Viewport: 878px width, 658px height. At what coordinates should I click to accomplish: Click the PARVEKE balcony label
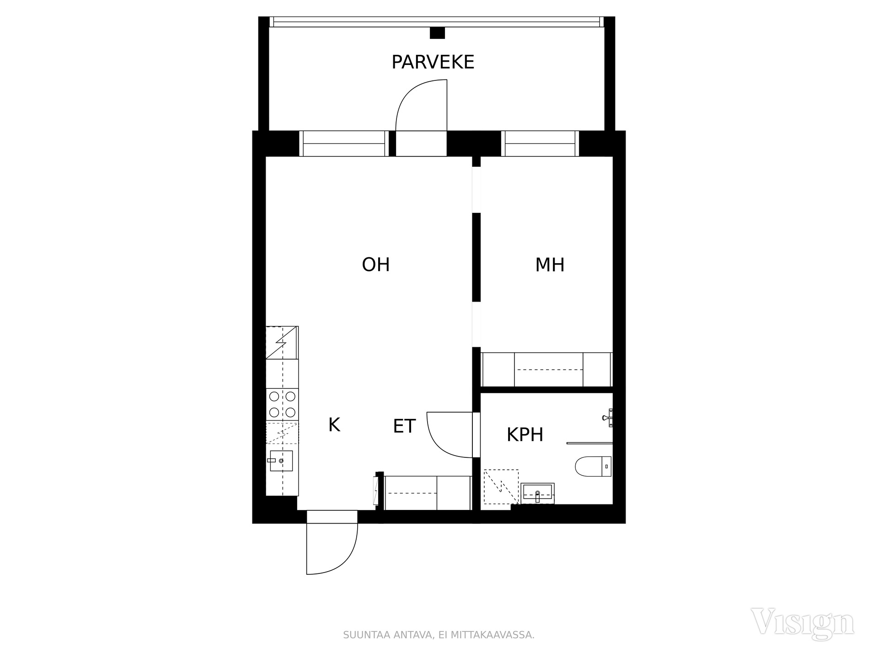433,62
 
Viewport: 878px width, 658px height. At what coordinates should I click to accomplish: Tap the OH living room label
375,265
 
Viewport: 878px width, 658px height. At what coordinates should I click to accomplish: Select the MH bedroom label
550,265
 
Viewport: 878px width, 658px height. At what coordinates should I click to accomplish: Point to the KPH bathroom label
525,435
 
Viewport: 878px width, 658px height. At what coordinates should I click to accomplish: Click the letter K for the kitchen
334,425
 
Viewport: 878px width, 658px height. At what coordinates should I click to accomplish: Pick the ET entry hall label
404,426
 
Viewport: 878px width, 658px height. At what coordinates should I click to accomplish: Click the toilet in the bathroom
593,466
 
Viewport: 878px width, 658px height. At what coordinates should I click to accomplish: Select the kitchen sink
281,461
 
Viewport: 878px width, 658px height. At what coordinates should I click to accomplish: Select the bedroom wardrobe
547,370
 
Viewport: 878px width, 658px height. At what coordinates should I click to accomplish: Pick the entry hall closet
428,493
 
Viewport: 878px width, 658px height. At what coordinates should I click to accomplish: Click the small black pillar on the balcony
437,33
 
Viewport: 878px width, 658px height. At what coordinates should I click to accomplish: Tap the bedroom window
540,143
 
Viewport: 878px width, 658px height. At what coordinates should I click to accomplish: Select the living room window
344,143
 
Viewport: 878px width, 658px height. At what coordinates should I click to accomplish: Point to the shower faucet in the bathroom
608,418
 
